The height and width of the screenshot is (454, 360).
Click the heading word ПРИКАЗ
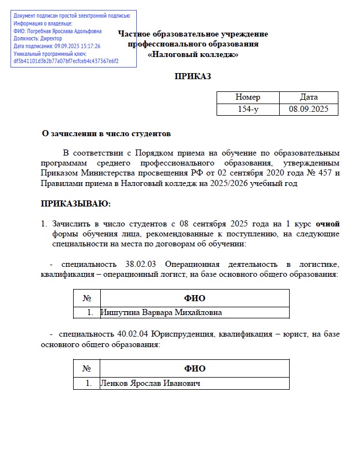(193, 76)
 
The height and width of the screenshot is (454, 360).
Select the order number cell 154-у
(248, 109)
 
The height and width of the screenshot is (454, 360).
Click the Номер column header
(248, 97)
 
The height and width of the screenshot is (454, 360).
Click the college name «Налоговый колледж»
(193, 54)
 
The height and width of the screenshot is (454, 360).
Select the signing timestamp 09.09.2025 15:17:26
(78, 47)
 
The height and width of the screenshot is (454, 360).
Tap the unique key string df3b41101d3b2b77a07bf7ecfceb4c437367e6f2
(66, 61)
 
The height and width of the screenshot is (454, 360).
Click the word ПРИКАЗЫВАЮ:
(76, 204)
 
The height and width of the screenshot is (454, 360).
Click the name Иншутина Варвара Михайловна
(161, 312)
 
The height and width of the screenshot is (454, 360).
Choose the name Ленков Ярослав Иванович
(150, 383)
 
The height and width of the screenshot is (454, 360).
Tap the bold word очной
(328, 224)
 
